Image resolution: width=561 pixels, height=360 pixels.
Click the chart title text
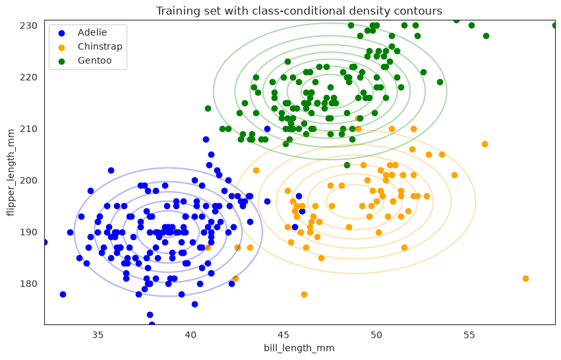(299, 11)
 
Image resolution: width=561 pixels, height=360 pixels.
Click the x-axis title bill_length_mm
(299, 348)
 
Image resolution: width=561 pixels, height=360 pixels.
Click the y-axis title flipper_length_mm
(11, 173)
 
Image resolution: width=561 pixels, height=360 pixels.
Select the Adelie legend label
(92, 32)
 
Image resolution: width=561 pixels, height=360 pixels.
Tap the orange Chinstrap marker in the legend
(61, 47)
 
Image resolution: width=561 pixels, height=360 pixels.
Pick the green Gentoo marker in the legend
(61, 61)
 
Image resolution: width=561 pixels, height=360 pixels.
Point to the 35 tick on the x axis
(98, 336)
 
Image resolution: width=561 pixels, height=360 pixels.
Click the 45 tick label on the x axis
(283, 336)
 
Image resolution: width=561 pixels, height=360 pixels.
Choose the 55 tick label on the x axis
(469, 336)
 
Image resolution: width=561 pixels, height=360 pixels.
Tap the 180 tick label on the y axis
(28, 284)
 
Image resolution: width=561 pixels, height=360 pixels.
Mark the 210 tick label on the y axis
(28, 129)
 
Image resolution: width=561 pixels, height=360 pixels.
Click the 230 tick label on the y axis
(28, 26)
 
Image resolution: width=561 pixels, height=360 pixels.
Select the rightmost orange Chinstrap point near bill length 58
(525, 279)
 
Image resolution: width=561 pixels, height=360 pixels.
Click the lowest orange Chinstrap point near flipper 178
(304, 295)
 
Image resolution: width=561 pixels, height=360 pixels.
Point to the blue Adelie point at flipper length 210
(267, 129)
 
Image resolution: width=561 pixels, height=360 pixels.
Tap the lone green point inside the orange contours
(347, 165)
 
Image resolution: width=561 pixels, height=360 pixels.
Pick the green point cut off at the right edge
(554, 26)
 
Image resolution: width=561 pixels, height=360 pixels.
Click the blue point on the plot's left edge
(45, 243)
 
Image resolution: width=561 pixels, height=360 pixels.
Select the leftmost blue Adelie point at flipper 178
(63, 295)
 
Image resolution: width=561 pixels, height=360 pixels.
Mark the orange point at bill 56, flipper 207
(485, 144)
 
